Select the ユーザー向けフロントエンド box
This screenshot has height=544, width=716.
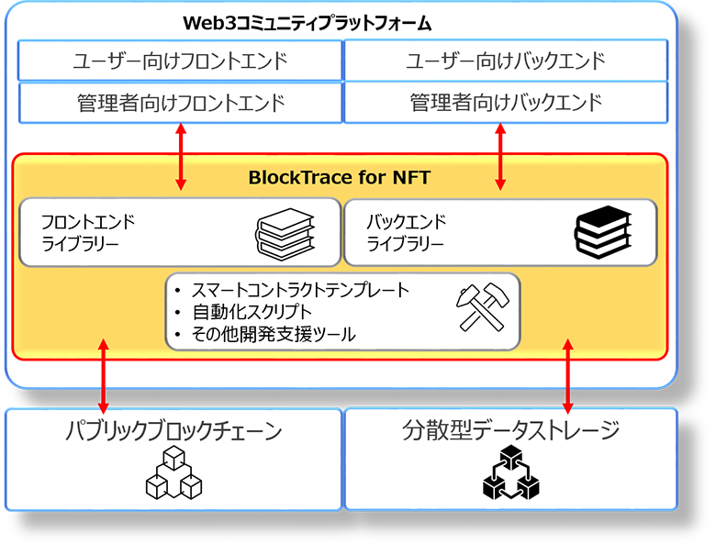(x=181, y=61)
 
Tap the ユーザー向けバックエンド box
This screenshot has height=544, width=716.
(x=506, y=61)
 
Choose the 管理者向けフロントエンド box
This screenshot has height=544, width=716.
(x=181, y=102)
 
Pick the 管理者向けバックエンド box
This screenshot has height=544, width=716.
(x=506, y=102)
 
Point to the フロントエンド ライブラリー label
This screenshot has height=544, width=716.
(x=88, y=232)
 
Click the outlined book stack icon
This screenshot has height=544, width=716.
(x=284, y=233)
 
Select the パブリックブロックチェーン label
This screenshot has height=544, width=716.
(x=173, y=431)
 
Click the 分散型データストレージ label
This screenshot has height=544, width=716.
(x=510, y=430)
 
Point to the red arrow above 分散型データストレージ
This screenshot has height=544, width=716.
(x=568, y=375)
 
